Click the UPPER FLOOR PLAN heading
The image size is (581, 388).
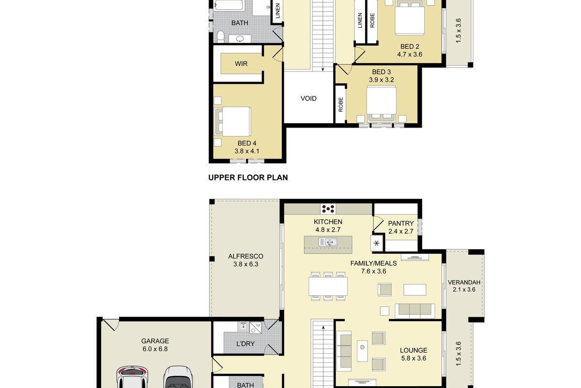coord(248,178)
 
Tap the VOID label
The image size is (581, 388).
coord(308,98)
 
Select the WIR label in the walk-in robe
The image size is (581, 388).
coord(241,64)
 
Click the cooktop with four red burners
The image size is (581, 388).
coord(328,209)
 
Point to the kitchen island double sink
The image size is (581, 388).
coord(328,242)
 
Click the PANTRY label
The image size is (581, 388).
coord(401,224)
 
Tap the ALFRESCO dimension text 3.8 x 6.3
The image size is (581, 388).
coord(245,264)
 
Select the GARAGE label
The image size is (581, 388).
coord(155,341)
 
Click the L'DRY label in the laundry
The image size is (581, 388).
coord(245,344)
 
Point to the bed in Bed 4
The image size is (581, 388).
coord(233,122)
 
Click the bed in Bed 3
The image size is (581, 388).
coord(382,104)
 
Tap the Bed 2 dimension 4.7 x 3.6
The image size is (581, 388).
coord(410,55)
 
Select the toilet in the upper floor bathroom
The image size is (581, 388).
coord(220,37)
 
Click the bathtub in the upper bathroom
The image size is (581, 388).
coord(229,5)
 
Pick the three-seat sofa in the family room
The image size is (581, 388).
coord(415,310)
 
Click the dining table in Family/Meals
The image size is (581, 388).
coord(328,286)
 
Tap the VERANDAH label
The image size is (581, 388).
coord(464,282)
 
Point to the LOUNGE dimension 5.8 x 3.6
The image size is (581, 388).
coord(413,358)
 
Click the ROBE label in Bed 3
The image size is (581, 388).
coord(340,105)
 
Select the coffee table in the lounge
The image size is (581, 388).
coord(362,351)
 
